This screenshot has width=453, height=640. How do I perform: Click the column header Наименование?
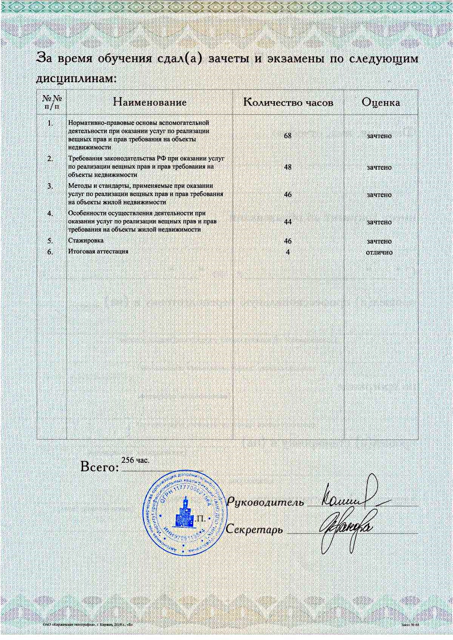click(150, 102)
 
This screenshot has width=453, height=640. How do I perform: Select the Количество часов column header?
click(288, 102)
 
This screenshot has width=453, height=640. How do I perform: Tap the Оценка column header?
click(380, 102)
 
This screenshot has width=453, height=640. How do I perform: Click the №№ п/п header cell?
click(52, 102)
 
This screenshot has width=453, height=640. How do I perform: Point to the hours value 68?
click(287, 136)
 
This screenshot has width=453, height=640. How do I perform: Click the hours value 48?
click(287, 167)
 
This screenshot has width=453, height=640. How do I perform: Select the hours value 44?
click(287, 222)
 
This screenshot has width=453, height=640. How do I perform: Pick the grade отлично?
click(379, 252)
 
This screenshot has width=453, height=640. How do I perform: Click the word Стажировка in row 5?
click(86, 241)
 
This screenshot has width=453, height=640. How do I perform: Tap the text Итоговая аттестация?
click(98, 251)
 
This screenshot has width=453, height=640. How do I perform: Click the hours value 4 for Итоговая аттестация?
click(288, 252)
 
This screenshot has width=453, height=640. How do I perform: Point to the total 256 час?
click(135, 460)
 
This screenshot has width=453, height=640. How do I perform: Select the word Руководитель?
click(265, 502)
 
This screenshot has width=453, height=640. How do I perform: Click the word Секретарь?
click(254, 529)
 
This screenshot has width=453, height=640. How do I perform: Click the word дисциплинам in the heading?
click(76, 78)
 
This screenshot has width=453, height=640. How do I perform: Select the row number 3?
click(50, 186)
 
